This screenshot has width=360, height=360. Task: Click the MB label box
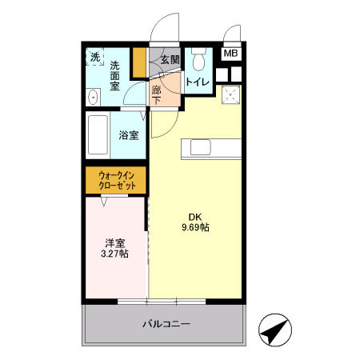tap(230, 54)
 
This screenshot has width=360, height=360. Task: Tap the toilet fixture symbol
tap(198, 58)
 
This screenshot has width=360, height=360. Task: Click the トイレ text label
tap(198, 82)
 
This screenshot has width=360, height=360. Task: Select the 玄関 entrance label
tap(170, 59)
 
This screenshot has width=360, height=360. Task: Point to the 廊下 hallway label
tap(157, 94)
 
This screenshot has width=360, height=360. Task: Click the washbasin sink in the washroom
tap(94, 98)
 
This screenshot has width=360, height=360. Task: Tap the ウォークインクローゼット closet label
tap(117, 179)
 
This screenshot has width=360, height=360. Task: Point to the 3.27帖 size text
tap(115, 254)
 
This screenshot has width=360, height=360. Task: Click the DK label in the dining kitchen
tap(195, 216)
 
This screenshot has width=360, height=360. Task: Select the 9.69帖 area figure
tap(195, 227)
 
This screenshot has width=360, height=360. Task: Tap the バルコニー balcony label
tap(166, 324)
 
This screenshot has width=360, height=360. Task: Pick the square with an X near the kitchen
tap(232, 95)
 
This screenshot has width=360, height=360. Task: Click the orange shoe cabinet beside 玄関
tap(139, 62)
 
